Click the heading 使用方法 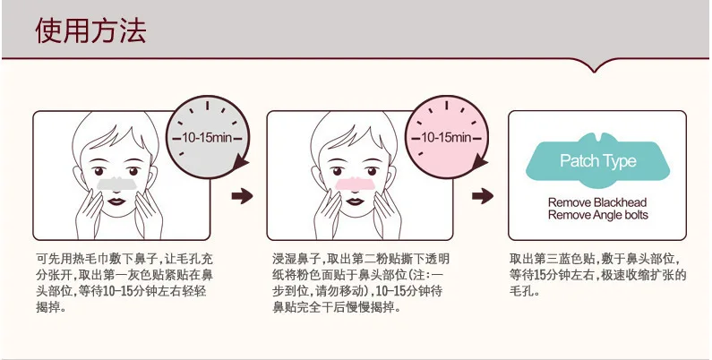90,31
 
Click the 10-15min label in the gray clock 208,138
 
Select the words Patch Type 597,161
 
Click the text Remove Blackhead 597,202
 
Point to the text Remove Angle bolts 597,215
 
